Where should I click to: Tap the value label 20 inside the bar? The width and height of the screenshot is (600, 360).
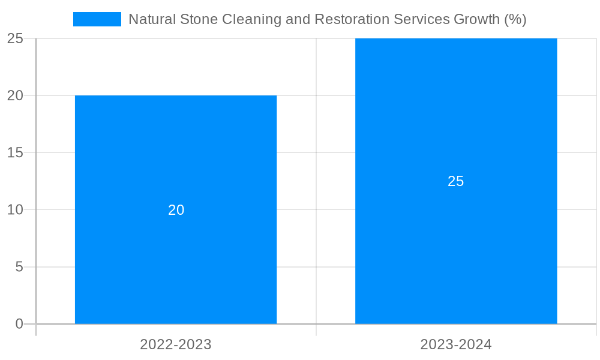(x=176, y=210)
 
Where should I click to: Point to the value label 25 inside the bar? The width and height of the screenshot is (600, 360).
(x=456, y=181)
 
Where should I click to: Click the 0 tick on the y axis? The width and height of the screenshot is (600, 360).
(x=19, y=324)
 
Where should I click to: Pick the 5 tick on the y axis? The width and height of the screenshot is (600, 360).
(x=19, y=267)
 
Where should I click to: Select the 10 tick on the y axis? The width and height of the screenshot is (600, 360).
(x=15, y=210)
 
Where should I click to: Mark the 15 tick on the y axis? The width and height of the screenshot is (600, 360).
(x=15, y=153)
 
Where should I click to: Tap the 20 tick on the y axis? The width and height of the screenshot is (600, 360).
(x=15, y=95)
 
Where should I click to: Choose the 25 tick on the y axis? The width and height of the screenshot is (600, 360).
(x=15, y=38)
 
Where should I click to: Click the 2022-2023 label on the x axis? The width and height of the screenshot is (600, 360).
(x=176, y=345)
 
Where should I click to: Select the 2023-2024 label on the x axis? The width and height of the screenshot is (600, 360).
(x=456, y=345)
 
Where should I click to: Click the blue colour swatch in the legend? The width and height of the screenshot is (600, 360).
(x=97, y=19)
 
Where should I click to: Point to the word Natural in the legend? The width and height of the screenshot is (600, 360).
(x=152, y=19)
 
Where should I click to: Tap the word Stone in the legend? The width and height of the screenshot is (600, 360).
(x=199, y=19)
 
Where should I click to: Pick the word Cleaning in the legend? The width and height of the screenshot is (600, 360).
(x=246, y=19)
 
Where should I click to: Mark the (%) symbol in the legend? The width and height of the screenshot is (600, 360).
(x=515, y=19)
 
